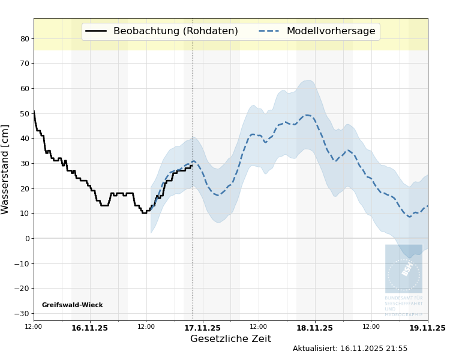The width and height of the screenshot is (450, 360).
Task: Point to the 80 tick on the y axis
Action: [x=25, y=38]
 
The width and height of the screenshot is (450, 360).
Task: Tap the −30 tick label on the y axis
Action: [x=22, y=313]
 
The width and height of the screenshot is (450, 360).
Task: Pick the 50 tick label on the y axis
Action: [x=25, y=113]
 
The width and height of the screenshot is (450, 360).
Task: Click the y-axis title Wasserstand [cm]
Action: [x=5, y=169]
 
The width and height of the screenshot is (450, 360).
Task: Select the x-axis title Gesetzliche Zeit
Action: [x=230, y=339]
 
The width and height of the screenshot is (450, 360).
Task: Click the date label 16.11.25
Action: [x=89, y=328]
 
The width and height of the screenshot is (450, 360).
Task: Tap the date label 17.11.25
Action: [x=202, y=328]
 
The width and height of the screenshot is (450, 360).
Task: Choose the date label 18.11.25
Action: [x=314, y=328]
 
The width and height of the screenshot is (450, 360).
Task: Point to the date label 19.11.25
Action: [x=427, y=328]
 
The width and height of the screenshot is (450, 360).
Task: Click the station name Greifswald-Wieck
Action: [x=72, y=305]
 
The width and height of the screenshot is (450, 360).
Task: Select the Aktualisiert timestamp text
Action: [x=350, y=349]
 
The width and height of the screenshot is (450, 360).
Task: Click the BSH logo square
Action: [x=403, y=269]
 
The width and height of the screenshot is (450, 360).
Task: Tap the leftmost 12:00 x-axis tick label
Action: [x=34, y=326]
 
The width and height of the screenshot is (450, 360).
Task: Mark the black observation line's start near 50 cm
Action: [x=34, y=112]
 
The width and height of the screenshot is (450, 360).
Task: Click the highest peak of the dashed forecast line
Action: [x=307, y=115]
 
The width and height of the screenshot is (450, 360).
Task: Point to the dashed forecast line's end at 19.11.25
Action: [x=427, y=206]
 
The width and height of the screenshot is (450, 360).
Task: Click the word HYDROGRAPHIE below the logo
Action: [x=403, y=314]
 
